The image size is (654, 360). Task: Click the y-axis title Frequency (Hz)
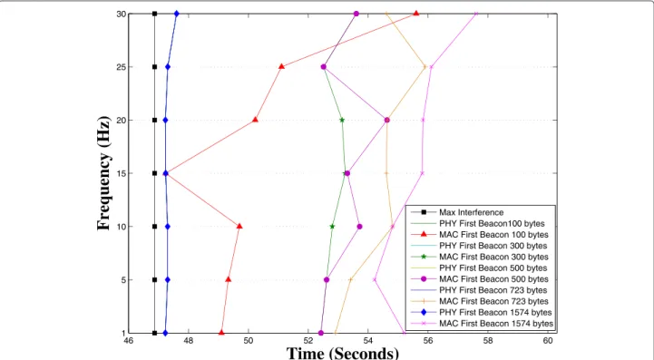(104, 173)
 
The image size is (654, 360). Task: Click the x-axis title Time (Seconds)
(343, 354)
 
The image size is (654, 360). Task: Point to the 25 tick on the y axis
(121, 67)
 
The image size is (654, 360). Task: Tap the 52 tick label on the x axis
(308, 341)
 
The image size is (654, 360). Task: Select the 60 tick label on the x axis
(548, 341)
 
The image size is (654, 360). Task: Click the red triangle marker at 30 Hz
(415, 14)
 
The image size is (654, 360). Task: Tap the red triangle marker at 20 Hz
(255, 120)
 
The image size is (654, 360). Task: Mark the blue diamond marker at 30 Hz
(177, 14)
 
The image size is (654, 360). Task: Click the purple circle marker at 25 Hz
(323, 67)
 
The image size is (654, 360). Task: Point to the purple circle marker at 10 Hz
(359, 227)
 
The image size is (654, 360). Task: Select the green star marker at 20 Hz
(342, 120)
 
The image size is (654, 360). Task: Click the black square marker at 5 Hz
(154, 280)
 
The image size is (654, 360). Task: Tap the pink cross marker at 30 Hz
(476, 14)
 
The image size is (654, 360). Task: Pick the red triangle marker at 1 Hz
(221, 333)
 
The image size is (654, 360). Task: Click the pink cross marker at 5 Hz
(375, 280)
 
